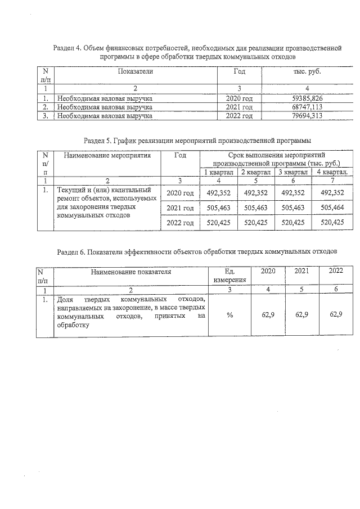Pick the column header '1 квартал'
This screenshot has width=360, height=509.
coord(219,172)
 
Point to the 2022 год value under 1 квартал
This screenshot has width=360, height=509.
coord(219,223)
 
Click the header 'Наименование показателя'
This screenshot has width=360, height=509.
coord(130,272)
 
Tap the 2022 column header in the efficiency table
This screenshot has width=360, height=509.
coord(336,272)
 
